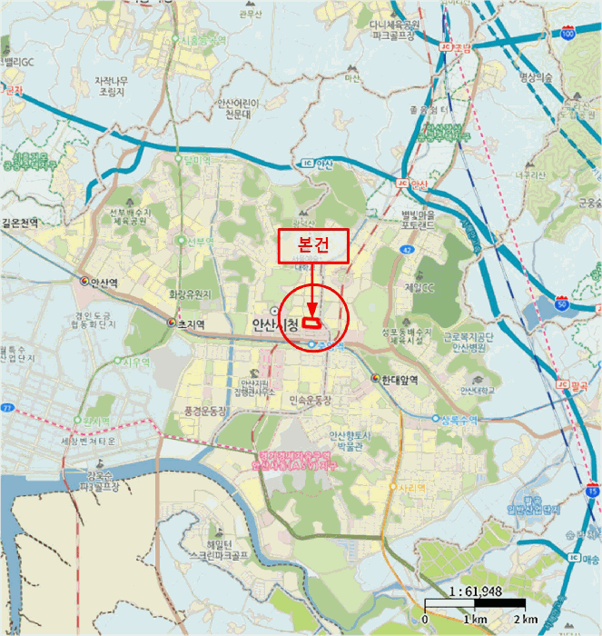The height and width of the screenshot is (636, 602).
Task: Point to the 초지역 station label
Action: [x=188, y=323]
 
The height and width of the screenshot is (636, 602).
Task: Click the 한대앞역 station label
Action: [x=399, y=378]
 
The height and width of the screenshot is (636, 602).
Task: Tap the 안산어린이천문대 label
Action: [x=239, y=109]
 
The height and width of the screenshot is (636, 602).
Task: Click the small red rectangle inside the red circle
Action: [x=311, y=322]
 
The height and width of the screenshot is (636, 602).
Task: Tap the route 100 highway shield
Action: [x=568, y=34]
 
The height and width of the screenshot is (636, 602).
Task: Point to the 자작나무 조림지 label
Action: [x=117, y=85]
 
